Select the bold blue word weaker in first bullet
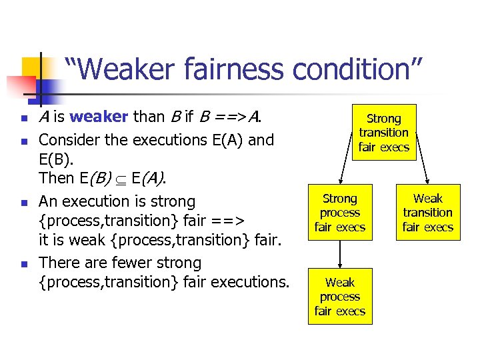[99, 117]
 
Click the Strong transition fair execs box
[384, 133]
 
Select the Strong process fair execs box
[340, 213]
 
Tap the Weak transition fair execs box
[428, 213]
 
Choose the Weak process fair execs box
[340, 297]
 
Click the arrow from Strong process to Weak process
[340, 254]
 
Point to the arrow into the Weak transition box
[417, 173]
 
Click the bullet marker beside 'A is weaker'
[24, 119]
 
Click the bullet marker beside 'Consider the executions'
[24, 142]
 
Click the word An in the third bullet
[47, 201]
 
